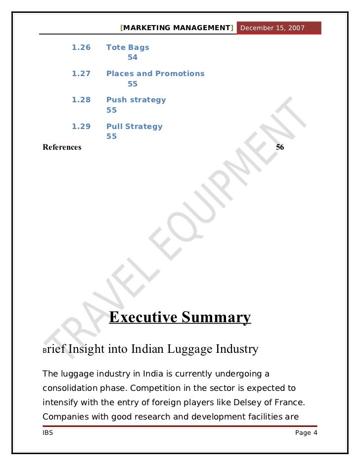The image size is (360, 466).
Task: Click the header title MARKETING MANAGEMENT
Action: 177,28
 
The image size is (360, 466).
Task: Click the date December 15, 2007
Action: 272,28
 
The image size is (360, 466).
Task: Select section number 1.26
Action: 81,47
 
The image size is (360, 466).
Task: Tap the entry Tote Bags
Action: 128,47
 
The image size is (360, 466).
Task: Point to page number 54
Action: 133,57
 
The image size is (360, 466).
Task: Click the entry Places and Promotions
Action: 155,74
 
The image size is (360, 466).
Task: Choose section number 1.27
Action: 81,74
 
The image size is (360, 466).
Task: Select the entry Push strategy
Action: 136,100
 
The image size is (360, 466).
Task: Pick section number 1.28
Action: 81,100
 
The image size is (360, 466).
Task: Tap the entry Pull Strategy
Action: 135,127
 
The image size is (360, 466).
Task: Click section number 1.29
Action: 81,127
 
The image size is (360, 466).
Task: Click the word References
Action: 62,147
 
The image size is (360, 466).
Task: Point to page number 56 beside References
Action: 280,147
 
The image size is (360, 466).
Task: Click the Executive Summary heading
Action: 180,317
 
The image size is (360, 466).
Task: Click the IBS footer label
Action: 48,433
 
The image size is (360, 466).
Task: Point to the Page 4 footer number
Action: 306,433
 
